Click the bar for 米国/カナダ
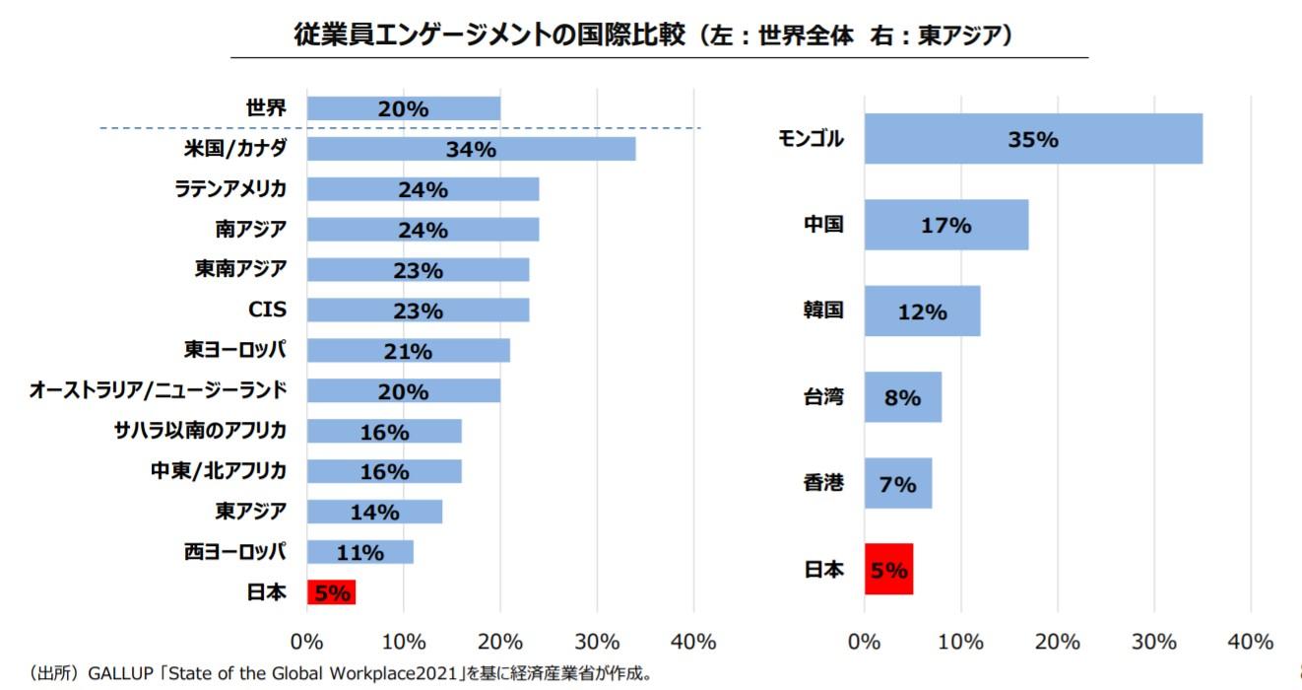coord(471,150)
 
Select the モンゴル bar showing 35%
coord(1033,139)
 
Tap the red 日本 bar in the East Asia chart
coord(888,570)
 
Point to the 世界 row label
coord(266,108)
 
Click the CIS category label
coord(267,310)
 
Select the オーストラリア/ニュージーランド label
coord(159,391)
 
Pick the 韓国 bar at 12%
coord(922,311)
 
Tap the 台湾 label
coord(823,398)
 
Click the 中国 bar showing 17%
coord(945,225)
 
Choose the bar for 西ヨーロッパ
coord(359,552)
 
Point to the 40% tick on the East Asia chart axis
coord(1251,642)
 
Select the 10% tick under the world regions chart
coord(404,642)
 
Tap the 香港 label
coord(823,484)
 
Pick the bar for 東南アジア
coord(418,270)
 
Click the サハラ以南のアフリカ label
coord(201,432)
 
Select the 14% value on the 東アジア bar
coord(374,513)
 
